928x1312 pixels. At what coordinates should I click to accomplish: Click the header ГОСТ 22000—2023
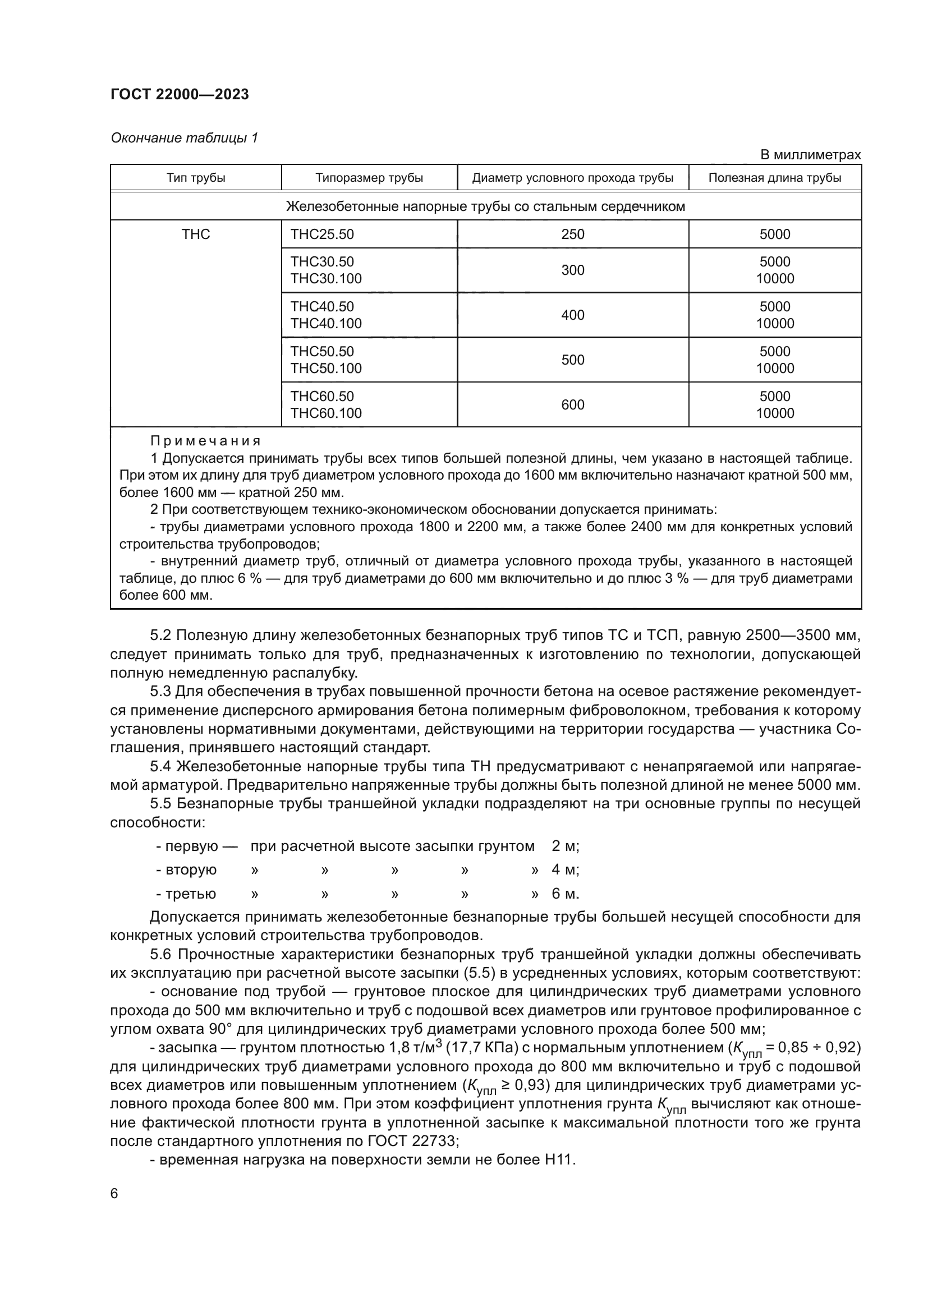pos(180,95)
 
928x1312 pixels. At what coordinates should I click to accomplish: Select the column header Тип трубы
pos(196,178)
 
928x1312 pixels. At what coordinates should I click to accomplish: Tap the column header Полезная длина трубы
pos(774,178)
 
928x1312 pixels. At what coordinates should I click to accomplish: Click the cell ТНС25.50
pos(322,234)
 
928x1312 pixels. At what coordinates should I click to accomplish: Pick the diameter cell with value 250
pos(573,234)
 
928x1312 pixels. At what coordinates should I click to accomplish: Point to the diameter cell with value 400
pos(573,315)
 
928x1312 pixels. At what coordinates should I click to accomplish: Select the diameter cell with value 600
pos(573,404)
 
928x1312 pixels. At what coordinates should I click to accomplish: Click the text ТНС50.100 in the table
pos(327,369)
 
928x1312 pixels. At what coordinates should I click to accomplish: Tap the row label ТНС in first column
pos(196,234)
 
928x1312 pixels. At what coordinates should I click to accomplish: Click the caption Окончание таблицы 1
pos(184,138)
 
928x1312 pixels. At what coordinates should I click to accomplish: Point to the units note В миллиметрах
pos(810,155)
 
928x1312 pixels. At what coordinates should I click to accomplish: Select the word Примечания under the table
pos(206,441)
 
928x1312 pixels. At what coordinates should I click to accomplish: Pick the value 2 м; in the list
pos(565,846)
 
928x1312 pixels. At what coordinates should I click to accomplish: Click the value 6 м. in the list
pos(565,894)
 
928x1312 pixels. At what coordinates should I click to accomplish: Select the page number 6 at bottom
pos(114,1194)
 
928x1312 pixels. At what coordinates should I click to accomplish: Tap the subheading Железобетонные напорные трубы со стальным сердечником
pos(485,206)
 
